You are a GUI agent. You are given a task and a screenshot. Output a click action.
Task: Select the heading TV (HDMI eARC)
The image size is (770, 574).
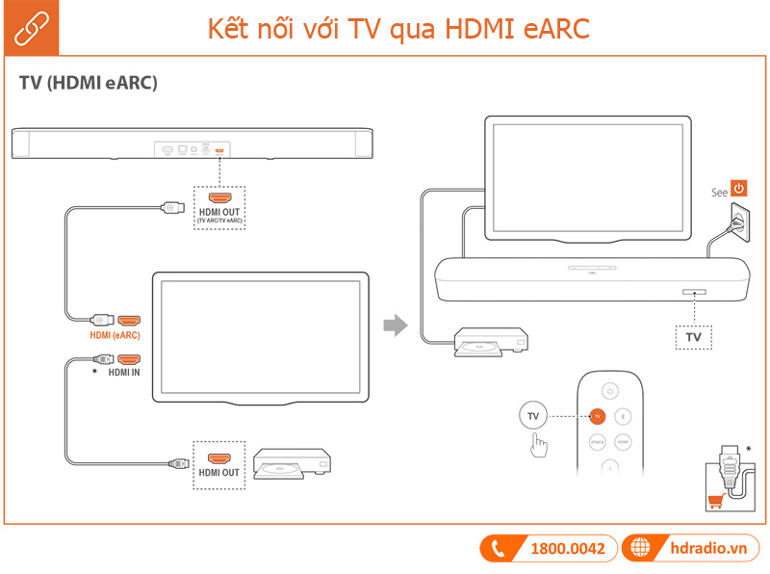pyautogui.click(x=88, y=83)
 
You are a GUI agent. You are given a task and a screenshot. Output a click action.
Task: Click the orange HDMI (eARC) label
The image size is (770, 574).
pyautogui.click(x=115, y=335)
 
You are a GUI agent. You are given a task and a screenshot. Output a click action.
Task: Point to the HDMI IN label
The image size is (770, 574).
pyautogui.click(x=124, y=371)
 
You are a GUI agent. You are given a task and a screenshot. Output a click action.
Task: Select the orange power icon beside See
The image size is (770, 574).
pyautogui.click(x=739, y=189)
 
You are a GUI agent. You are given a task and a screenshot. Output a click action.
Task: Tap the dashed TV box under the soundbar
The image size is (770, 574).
pyautogui.click(x=693, y=337)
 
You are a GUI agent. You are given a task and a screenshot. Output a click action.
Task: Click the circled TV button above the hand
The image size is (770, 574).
pyautogui.click(x=534, y=416)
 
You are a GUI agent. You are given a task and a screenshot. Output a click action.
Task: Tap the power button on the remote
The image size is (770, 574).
pyautogui.click(x=609, y=390)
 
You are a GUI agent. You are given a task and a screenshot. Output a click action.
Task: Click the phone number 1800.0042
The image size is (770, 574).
pyautogui.click(x=568, y=548)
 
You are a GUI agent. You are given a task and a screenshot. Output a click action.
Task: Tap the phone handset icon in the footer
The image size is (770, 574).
pyautogui.click(x=500, y=548)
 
